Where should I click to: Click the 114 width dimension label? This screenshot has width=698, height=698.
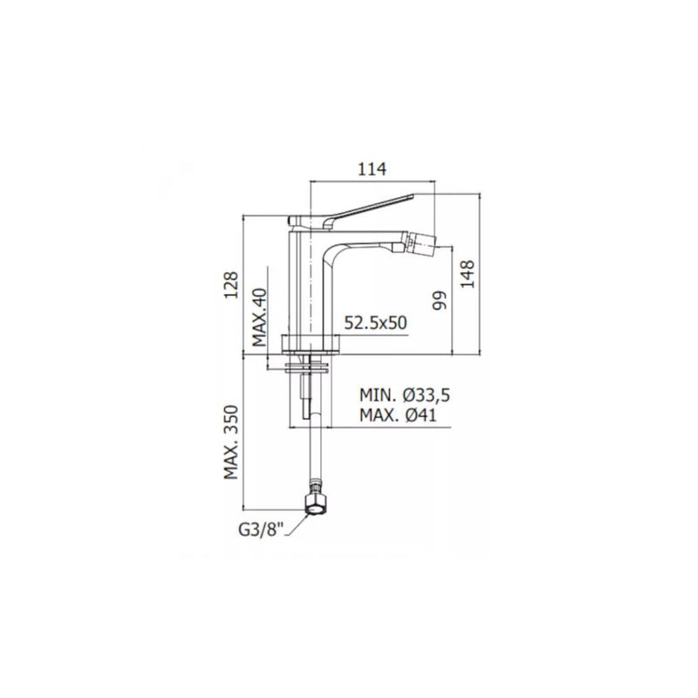coord(373,169)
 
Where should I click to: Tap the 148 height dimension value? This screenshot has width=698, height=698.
coord(468,274)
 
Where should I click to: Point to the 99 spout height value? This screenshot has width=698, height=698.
coord(440,301)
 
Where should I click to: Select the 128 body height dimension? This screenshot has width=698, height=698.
coord(231,284)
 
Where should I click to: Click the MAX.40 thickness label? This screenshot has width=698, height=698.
coord(259,317)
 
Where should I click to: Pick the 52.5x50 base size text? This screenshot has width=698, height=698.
coord(375,323)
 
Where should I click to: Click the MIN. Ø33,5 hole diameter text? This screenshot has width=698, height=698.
coord(405,395)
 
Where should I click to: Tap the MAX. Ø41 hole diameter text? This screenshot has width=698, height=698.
coord(398,415)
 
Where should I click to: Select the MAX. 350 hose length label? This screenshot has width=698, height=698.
coord(231,442)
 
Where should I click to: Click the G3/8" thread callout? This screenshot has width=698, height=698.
coord(261,530)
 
